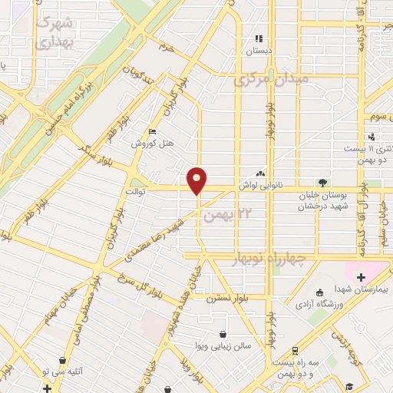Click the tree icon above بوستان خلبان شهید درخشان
(323, 183)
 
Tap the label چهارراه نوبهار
(269, 259)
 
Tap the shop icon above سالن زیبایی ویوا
(223, 335)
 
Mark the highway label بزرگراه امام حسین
(66, 103)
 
